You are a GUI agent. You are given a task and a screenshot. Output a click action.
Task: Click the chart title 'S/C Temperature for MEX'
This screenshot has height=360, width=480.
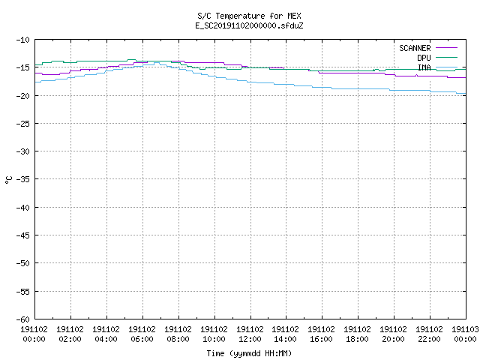click(249, 16)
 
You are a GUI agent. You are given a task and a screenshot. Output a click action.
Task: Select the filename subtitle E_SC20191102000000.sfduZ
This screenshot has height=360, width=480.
click(249, 25)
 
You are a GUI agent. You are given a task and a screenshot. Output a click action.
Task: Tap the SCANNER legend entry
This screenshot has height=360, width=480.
click(415, 48)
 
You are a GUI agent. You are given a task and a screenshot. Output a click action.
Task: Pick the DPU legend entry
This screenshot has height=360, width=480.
click(424, 58)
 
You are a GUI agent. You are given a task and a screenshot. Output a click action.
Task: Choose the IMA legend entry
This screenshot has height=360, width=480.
click(424, 67)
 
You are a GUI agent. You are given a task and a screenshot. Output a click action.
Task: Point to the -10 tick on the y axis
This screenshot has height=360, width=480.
click(23, 40)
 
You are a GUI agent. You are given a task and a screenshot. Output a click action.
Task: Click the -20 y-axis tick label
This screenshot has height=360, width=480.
click(23, 96)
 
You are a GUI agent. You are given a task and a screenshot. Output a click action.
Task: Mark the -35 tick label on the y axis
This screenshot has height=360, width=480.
click(23, 179)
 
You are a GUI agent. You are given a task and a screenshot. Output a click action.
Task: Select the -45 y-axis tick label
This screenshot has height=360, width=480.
click(23, 235)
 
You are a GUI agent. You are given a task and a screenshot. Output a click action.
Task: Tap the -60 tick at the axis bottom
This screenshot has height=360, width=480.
click(23, 319)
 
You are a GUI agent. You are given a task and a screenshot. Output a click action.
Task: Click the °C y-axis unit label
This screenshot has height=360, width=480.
click(8, 180)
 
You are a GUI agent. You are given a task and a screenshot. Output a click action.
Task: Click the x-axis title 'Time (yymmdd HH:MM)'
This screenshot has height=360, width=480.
click(249, 353)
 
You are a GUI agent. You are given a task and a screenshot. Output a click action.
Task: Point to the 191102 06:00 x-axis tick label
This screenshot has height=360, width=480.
click(142, 334)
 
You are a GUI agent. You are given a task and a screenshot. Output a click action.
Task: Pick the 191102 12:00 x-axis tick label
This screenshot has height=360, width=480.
click(250, 334)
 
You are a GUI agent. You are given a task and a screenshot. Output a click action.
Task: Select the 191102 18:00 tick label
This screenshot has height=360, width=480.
click(357, 334)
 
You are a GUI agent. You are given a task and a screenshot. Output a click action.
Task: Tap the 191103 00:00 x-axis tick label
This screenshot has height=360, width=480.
click(465, 334)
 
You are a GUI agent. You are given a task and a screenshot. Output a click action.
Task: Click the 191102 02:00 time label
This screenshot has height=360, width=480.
click(70, 334)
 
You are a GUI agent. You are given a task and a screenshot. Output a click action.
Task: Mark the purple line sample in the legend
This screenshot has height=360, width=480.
click(446, 48)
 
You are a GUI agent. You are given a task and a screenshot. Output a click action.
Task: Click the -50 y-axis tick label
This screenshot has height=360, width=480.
click(23, 263)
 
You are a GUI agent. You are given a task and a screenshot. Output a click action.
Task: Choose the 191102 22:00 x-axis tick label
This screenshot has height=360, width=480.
click(429, 334)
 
